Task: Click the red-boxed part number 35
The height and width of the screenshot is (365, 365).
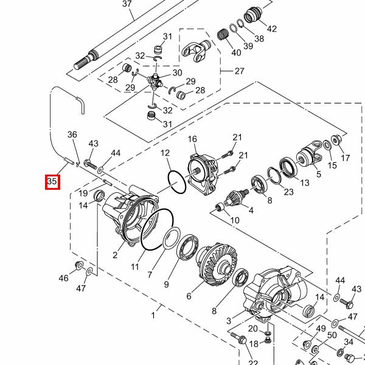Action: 52,181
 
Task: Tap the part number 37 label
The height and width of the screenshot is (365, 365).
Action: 127,4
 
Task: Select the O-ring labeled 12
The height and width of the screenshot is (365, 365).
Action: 177,182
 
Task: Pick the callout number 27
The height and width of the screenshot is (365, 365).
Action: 239,71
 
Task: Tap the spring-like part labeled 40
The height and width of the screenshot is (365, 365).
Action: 223,35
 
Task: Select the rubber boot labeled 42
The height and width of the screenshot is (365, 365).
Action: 253,15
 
